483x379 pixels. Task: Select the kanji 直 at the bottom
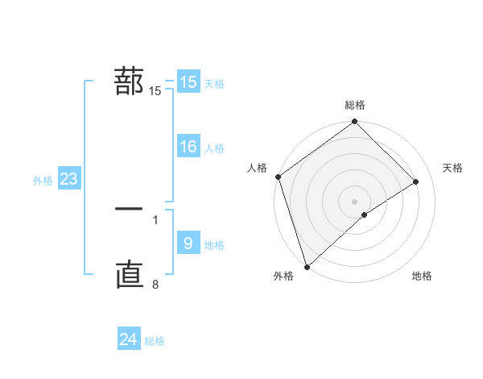coord(129,275)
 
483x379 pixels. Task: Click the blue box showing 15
coord(188,82)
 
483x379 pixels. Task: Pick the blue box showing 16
coord(188,147)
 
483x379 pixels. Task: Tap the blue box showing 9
coord(188,244)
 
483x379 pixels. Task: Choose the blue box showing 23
coord(68,179)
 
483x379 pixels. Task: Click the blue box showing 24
coord(129,339)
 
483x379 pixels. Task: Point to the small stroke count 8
coord(155,284)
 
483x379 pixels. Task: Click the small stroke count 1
coord(155,219)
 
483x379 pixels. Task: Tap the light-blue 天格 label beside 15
coord(214,84)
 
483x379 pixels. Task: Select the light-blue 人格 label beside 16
coord(214,148)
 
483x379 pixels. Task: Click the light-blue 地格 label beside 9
coord(214,245)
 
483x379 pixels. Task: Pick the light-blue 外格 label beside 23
coord(43,181)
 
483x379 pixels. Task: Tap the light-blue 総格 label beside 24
coord(155,341)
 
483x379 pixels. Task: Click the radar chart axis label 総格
coord(355,106)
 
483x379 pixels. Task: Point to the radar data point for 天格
coord(416,181)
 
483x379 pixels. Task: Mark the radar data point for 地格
coord(365,214)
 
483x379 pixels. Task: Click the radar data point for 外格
coord(306,266)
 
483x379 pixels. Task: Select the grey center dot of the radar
coord(355,201)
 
